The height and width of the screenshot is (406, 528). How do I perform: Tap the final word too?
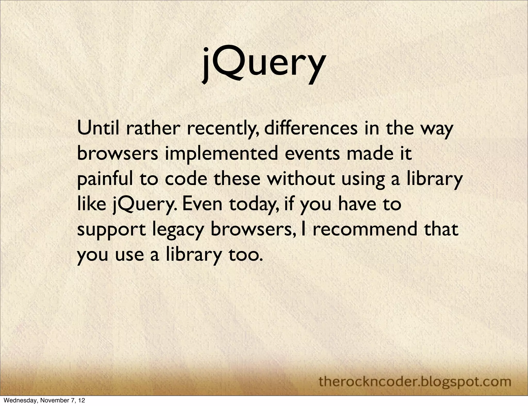[245, 255]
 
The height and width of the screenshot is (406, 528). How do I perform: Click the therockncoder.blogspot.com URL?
[415, 374]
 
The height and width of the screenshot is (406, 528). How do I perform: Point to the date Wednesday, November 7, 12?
[43, 401]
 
